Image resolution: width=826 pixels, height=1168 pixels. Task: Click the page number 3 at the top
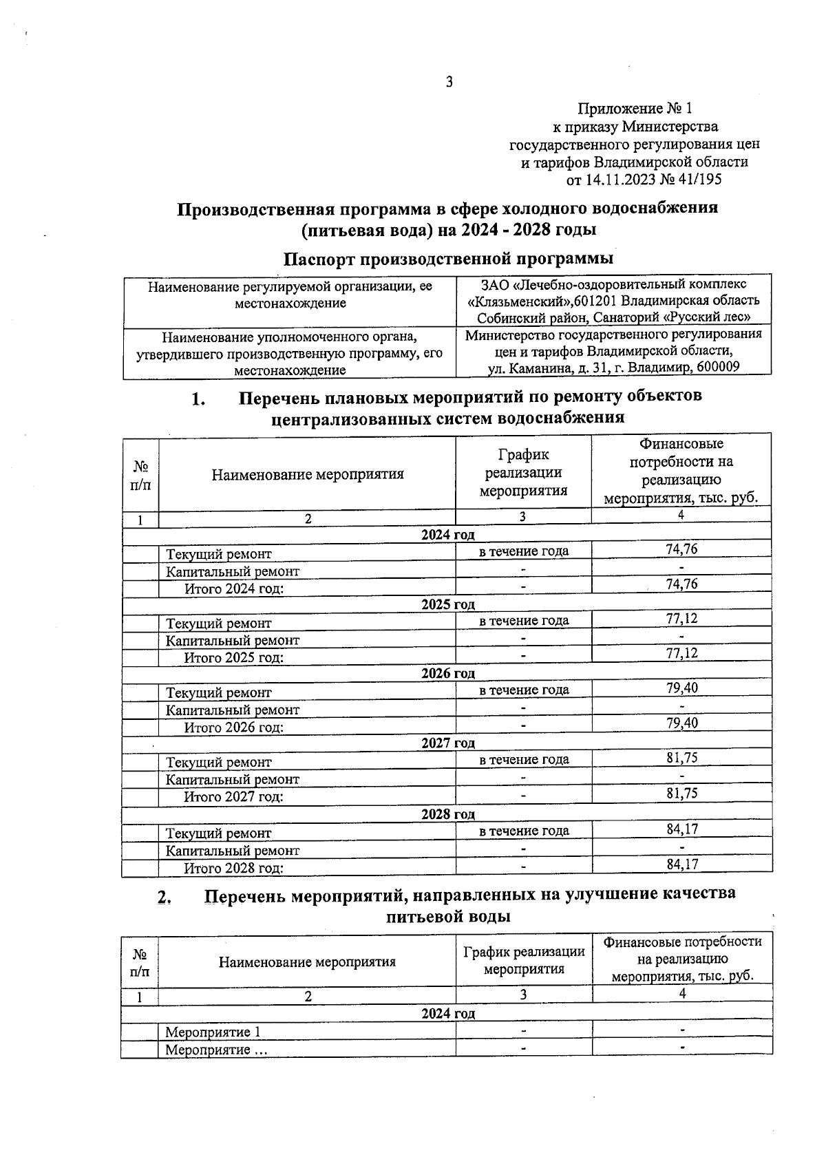(x=449, y=83)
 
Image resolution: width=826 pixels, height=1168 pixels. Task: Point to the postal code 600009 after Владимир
(x=718, y=368)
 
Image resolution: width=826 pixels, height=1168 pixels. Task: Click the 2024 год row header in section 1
(x=448, y=535)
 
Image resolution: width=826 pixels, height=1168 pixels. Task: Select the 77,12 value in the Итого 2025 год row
(x=681, y=653)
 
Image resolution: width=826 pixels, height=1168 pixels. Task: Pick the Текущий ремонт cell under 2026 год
(x=219, y=693)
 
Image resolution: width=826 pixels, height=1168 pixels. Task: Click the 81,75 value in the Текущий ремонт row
(x=681, y=758)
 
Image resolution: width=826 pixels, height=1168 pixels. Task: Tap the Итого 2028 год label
(x=233, y=869)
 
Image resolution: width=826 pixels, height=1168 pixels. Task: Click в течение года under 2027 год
(x=524, y=760)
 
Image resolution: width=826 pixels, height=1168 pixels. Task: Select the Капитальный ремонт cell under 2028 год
(x=233, y=851)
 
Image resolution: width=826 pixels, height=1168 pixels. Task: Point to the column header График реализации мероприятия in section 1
(x=523, y=473)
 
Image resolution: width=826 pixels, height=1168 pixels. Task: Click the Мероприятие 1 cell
(x=213, y=1032)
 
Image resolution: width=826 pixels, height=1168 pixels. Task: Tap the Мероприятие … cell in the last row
(x=216, y=1050)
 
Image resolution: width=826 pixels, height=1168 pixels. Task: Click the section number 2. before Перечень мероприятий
(x=165, y=898)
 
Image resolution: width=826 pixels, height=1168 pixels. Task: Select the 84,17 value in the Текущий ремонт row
(x=681, y=829)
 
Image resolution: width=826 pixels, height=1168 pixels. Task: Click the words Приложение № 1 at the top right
(x=634, y=109)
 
